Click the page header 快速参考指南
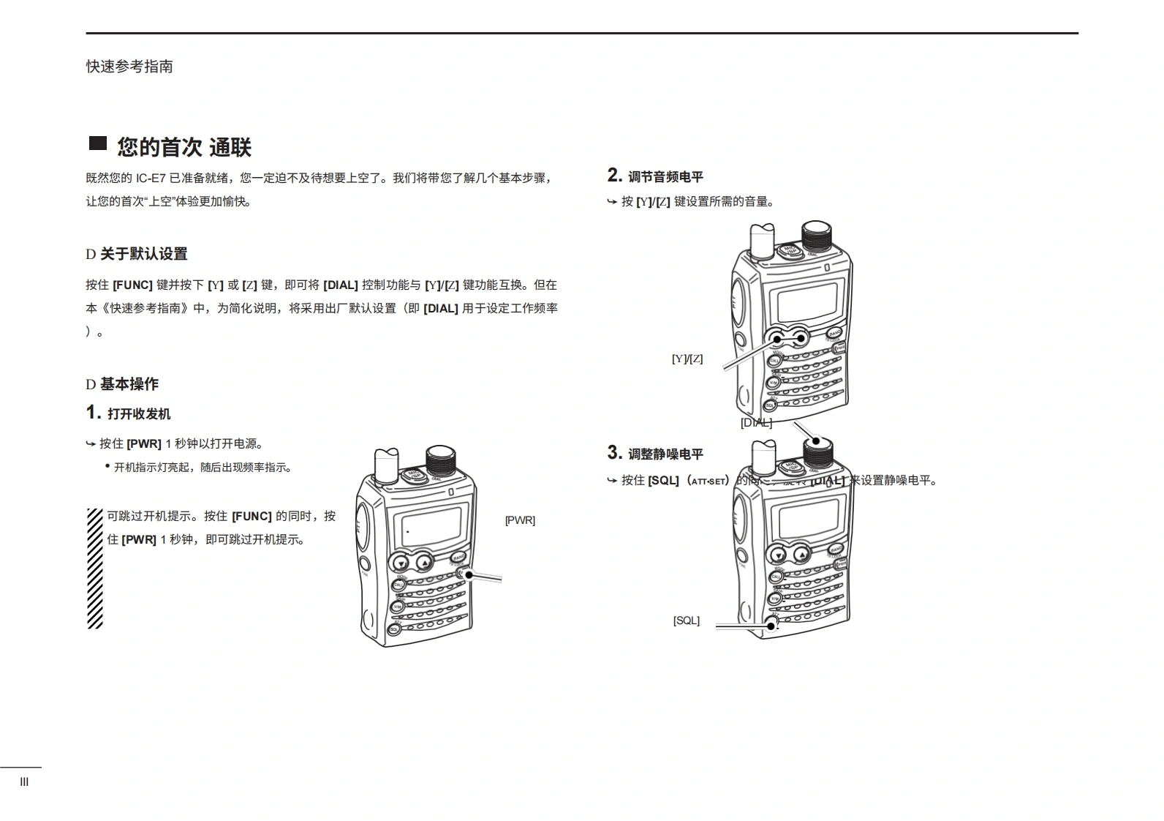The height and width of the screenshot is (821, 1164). (x=129, y=67)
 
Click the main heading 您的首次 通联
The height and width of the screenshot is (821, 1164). (x=184, y=147)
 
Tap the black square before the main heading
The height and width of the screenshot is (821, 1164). (x=98, y=143)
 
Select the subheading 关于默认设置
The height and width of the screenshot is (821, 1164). (x=143, y=254)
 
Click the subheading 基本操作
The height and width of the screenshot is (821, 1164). (x=129, y=384)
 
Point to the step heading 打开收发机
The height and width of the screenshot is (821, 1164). (x=139, y=414)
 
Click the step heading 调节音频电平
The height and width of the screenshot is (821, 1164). (x=665, y=177)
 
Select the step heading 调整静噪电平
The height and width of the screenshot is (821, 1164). (x=665, y=454)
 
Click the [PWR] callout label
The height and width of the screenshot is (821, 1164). (x=520, y=520)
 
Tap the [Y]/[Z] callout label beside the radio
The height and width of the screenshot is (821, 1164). (x=687, y=359)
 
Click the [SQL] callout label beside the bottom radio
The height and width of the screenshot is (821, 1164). (x=686, y=621)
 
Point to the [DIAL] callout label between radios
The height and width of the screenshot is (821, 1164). (x=756, y=423)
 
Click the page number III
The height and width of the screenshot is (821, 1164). (x=24, y=782)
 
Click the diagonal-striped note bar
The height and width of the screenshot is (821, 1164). (x=95, y=569)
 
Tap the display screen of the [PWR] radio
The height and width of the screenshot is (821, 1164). (x=426, y=527)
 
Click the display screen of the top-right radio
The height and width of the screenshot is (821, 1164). (x=807, y=299)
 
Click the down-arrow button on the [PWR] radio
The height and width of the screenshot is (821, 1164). (x=401, y=563)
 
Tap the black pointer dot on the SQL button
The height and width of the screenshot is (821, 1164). (x=771, y=626)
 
